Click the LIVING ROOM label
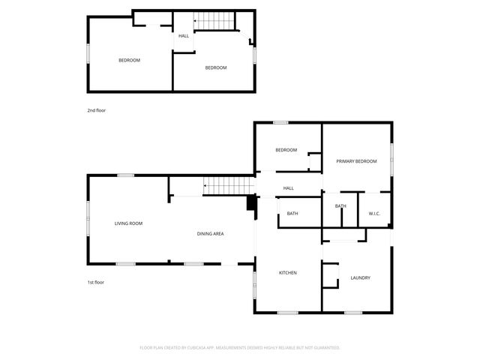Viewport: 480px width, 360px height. click(x=128, y=223)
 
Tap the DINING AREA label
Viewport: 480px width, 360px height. click(x=210, y=234)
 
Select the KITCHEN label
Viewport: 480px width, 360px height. click(x=289, y=273)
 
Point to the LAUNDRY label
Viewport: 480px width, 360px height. click(x=360, y=278)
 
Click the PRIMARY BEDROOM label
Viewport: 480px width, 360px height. click(x=356, y=161)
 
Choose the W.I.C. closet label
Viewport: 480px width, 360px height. click(x=374, y=214)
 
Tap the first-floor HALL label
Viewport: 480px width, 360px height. click(x=288, y=188)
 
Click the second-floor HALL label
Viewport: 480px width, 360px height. click(x=183, y=36)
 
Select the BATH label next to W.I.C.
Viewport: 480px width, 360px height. click(x=340, y=206)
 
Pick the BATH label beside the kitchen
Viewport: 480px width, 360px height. click(x=292, y=214)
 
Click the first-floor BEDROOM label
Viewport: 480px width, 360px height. click(x=286, y=150)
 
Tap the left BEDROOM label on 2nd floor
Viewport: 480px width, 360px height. click(x=129, y=60)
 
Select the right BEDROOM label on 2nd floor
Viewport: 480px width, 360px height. click(x=216, y=68)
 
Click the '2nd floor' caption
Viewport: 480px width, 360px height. click(x=96, y=110)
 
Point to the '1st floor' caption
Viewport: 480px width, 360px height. click(x=95, y=282)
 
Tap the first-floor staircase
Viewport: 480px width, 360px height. click(x=228, y=184)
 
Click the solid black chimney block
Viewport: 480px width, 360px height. click(x=251, y=204)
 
